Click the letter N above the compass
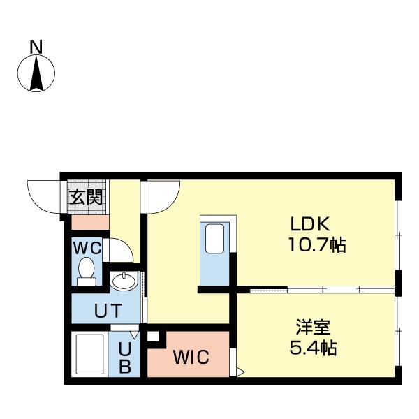[x=36, y=47]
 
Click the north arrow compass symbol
[x=36, y=74]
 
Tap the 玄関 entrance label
[x=86, y=197]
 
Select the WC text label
[x=87, y=247]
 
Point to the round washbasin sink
[x=125, y=281]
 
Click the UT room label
[x=109, y=310]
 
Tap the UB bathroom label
[x=124, y=356]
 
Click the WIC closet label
[x=191, y=359]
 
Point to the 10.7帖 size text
[x=316, y=246]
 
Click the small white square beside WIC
[x=153, y=337]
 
